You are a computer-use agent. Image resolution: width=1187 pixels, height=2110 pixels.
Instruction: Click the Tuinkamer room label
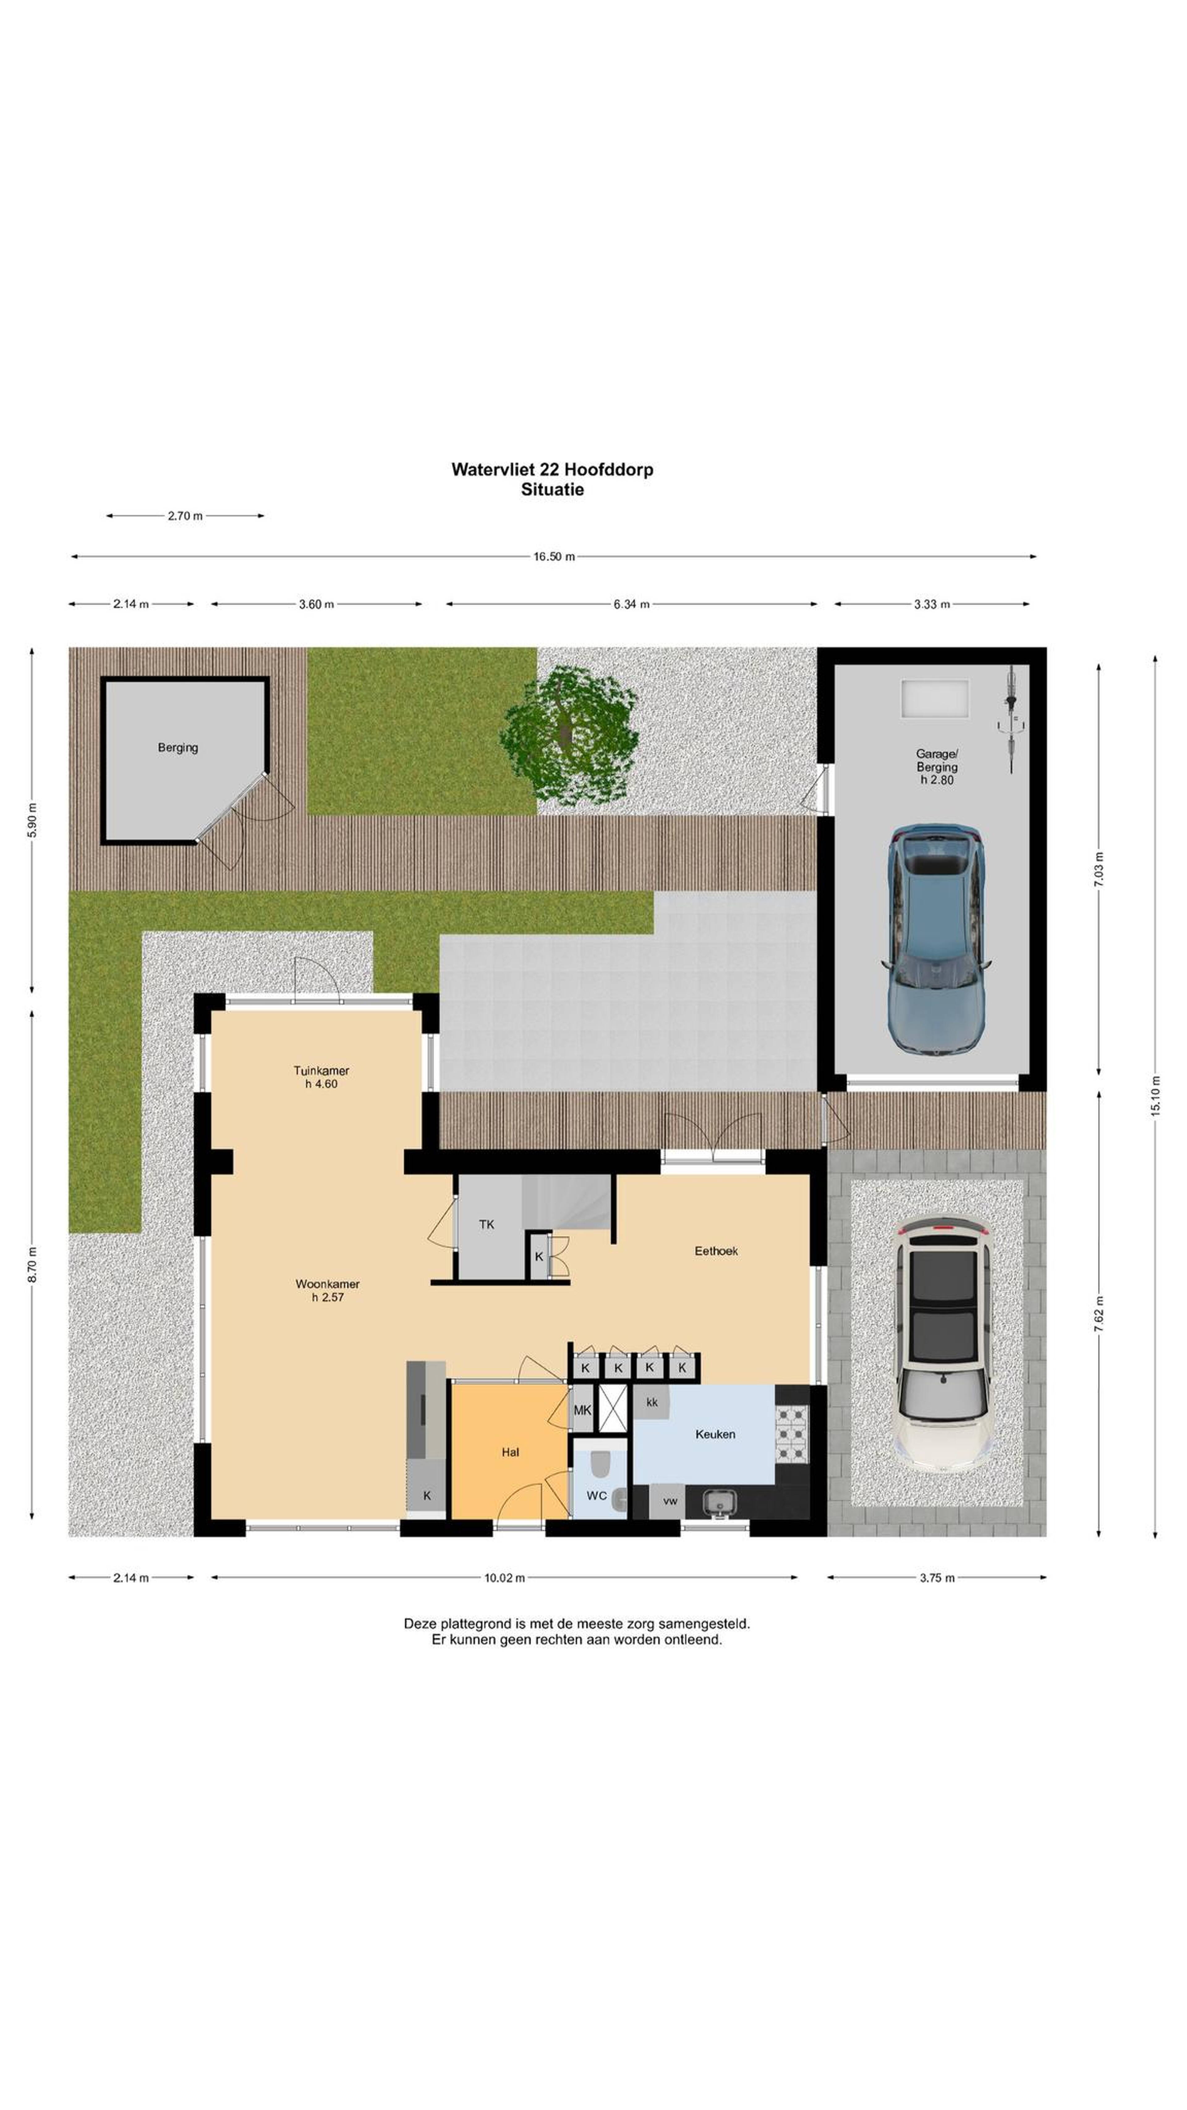click(321, 1070)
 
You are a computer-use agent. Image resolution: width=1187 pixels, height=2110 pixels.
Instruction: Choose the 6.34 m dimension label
click(632, 605)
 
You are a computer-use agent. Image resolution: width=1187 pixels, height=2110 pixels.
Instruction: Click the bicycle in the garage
click(1013, 718)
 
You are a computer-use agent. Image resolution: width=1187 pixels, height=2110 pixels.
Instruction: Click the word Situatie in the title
click(552, 490)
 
